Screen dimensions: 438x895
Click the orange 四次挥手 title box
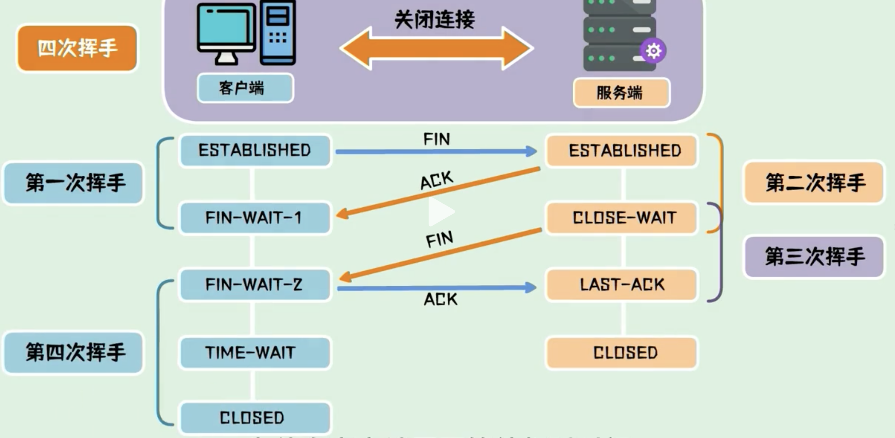click(x=77, y=48)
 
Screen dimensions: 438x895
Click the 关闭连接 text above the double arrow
click(x=435, y=19)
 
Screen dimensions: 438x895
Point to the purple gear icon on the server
click(x=653, y=51)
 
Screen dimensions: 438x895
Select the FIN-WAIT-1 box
click(x=255, y=218)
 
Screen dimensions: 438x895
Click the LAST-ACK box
click(x=622, y=285)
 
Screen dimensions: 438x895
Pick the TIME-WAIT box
click(x=255, y=353)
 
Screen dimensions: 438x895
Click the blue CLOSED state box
click(x=255, y=418)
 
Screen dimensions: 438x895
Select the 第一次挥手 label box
click(x=73, y=183)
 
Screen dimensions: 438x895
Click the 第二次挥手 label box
click(x=814, y=182)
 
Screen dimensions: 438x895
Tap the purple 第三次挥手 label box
click(x=814, y=257)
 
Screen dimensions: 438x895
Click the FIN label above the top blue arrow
click(x=437, y=139)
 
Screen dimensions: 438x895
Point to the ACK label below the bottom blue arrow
click(x=441, y=299)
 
